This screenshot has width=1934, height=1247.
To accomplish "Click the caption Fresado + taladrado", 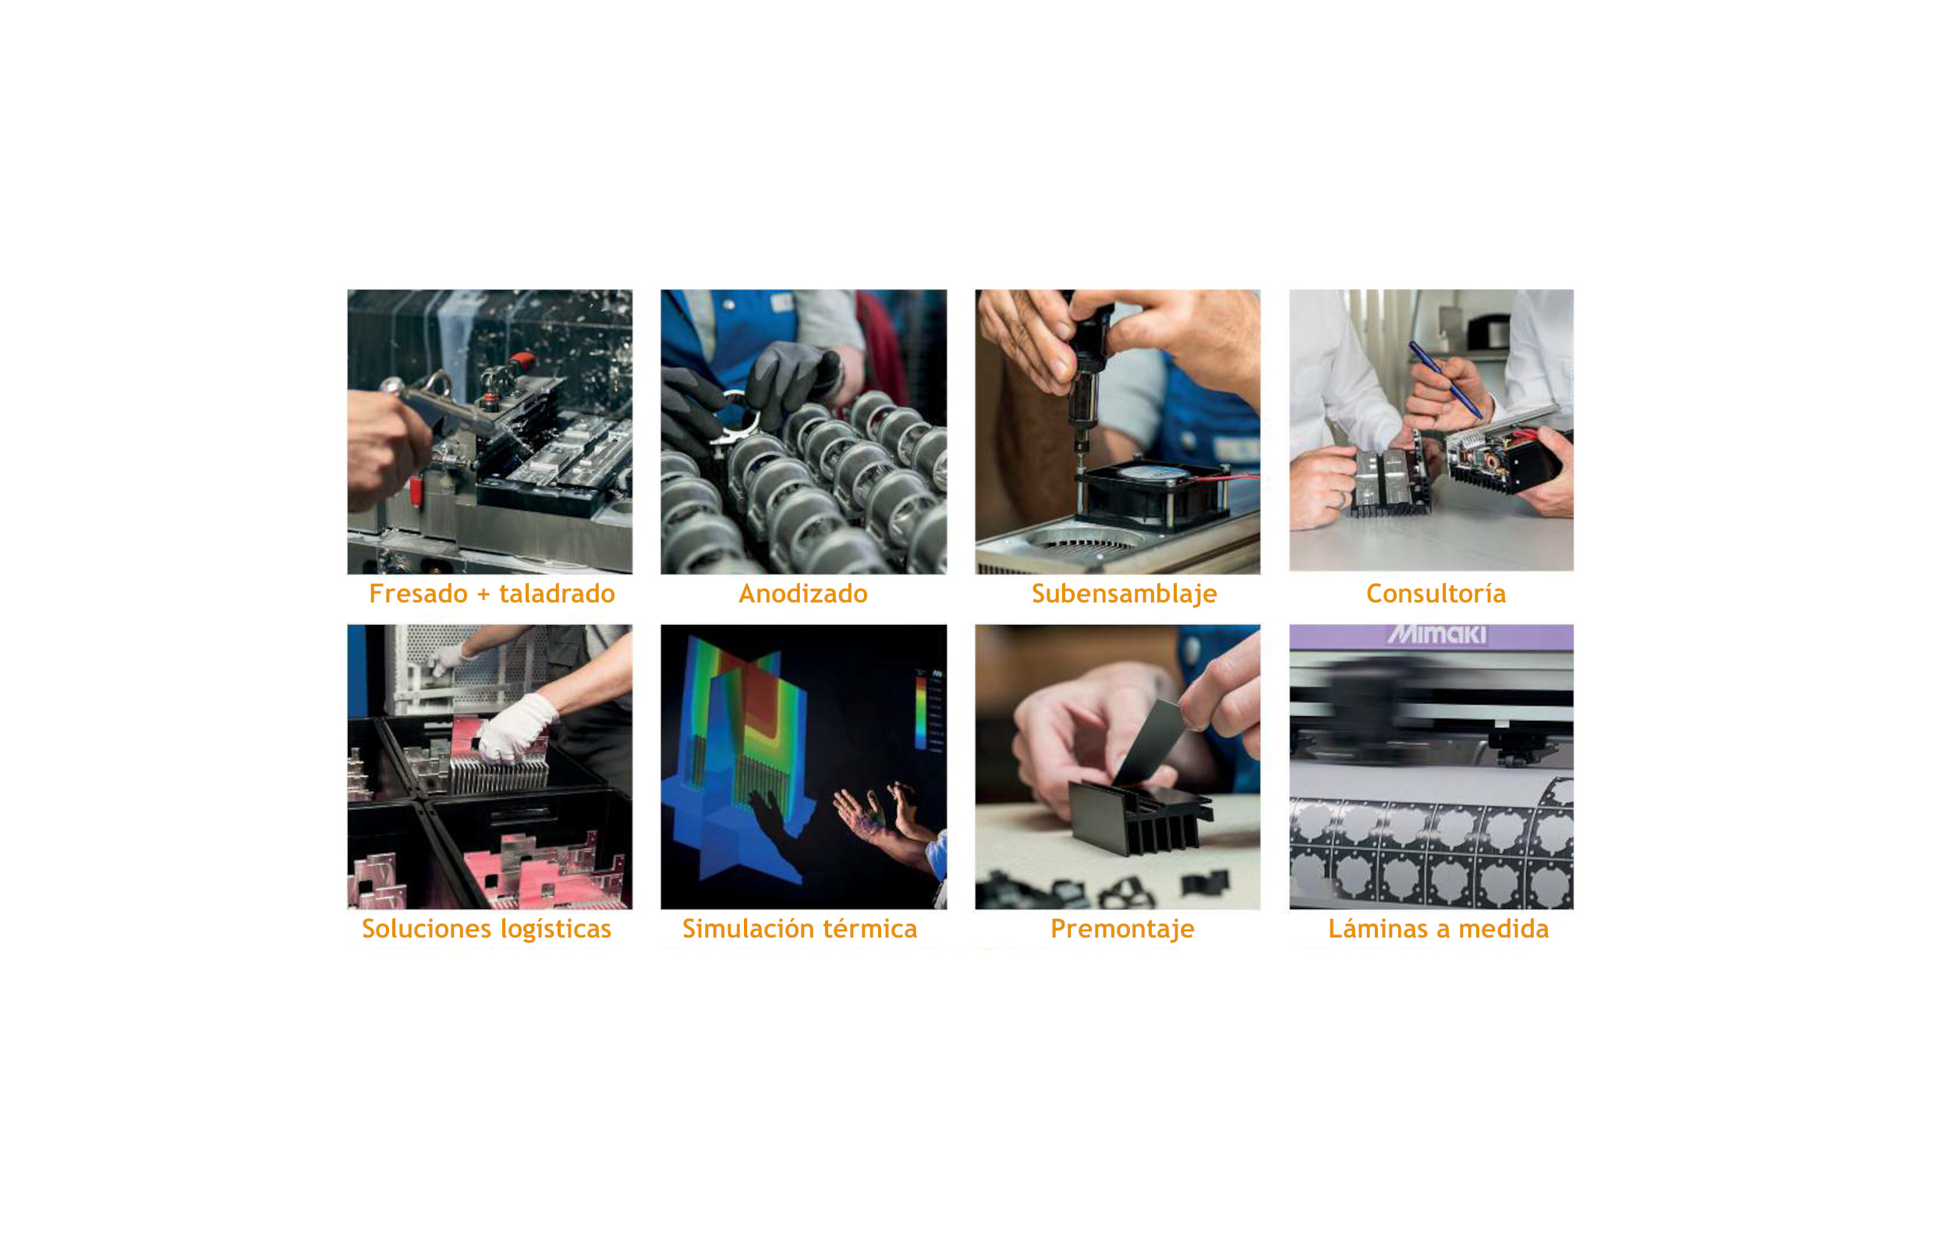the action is pos(491,594).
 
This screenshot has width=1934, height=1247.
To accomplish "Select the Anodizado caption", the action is pos(802,594).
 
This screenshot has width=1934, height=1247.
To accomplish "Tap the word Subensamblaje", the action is pos(1123,595).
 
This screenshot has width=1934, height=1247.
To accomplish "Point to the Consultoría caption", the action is pos(1435,594).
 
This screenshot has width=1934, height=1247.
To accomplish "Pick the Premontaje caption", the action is pos(1121,929).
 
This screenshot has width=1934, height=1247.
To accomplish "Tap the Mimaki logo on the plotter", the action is pos(1436,634).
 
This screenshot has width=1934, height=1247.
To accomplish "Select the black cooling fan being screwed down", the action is pos(1153,494).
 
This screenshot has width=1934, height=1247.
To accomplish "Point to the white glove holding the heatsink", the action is pos(516,727).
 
